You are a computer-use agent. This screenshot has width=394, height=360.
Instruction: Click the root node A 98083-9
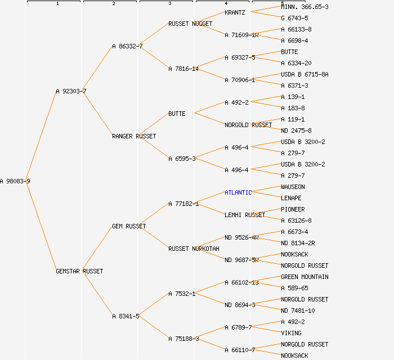(15, 181)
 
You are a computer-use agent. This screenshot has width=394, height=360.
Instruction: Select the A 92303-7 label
(71, 91)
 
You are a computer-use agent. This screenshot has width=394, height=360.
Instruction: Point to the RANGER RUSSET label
(134, 136)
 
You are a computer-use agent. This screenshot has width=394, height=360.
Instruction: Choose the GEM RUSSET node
(129, 226)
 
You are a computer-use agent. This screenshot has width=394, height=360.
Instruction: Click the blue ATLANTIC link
(238, 192)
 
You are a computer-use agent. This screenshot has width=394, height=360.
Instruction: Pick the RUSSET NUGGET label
(190, 24)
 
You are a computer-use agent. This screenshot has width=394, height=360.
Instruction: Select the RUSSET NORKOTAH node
(194, 249)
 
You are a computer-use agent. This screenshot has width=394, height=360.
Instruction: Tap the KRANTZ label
(235, 12)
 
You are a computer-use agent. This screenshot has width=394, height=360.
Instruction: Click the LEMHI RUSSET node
(245, 215)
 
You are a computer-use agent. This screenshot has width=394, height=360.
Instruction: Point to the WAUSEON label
(293, 187)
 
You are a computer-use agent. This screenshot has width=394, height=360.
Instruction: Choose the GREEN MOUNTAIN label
(305, 277)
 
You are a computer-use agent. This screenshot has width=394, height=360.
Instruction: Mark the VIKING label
(291, 333)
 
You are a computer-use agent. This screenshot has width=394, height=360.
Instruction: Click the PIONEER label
(293, 209)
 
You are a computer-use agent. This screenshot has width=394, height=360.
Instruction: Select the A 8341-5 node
(126, 316)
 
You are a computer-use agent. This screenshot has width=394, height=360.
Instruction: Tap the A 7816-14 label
(183, 69)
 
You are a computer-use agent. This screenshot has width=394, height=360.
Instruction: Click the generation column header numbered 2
(113, 3)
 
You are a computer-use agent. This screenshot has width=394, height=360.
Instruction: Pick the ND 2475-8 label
(296, 130)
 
